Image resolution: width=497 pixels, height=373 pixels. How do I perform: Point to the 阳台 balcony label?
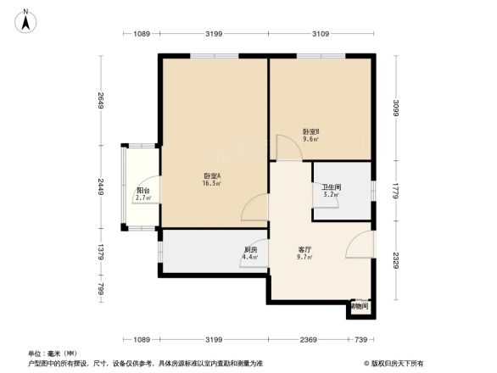click(144, 192)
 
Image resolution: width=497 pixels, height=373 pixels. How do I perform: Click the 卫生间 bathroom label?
click(331, 187)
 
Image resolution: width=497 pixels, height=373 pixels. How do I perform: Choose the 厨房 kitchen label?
click(251, 249)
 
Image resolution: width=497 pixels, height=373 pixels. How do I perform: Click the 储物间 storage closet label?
click(359, 306)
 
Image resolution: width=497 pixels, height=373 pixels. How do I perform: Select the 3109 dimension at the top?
click(321, 34)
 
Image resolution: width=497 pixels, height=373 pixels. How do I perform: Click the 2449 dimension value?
click(100, 186)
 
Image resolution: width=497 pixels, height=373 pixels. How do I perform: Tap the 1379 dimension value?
click(100, 251)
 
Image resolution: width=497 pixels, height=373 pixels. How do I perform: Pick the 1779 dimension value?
click(395, 190)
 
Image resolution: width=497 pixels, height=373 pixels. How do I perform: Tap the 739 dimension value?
click(361, 339)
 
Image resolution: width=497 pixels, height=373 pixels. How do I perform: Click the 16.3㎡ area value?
click(212, 182)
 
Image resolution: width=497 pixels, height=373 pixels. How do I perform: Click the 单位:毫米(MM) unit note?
click(53, 354)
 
